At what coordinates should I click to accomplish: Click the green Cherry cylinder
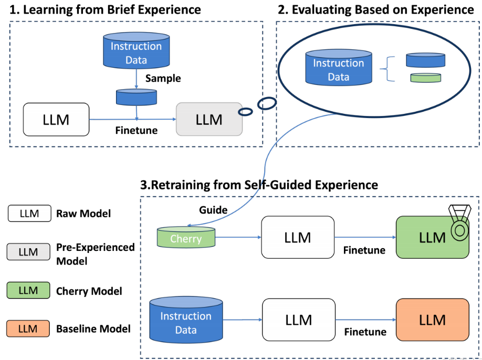186,238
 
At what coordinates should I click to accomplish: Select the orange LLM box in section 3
432,320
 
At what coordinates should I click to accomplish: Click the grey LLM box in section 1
209,120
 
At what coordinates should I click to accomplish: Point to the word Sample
163,78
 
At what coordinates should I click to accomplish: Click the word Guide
213,210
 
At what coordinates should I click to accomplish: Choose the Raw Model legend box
29,214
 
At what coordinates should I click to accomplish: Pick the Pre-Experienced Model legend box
29,252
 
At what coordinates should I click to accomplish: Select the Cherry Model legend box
29,290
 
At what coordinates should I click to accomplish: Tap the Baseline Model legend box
29,329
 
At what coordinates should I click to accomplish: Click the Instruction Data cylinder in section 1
136,52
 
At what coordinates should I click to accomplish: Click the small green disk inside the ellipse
425,78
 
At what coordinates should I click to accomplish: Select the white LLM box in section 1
56,120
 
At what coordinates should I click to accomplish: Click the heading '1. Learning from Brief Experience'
106,9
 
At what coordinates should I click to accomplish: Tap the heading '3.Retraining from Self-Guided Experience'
259,185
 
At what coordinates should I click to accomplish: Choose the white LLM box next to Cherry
298,237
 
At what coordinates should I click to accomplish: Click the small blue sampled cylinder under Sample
136,97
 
